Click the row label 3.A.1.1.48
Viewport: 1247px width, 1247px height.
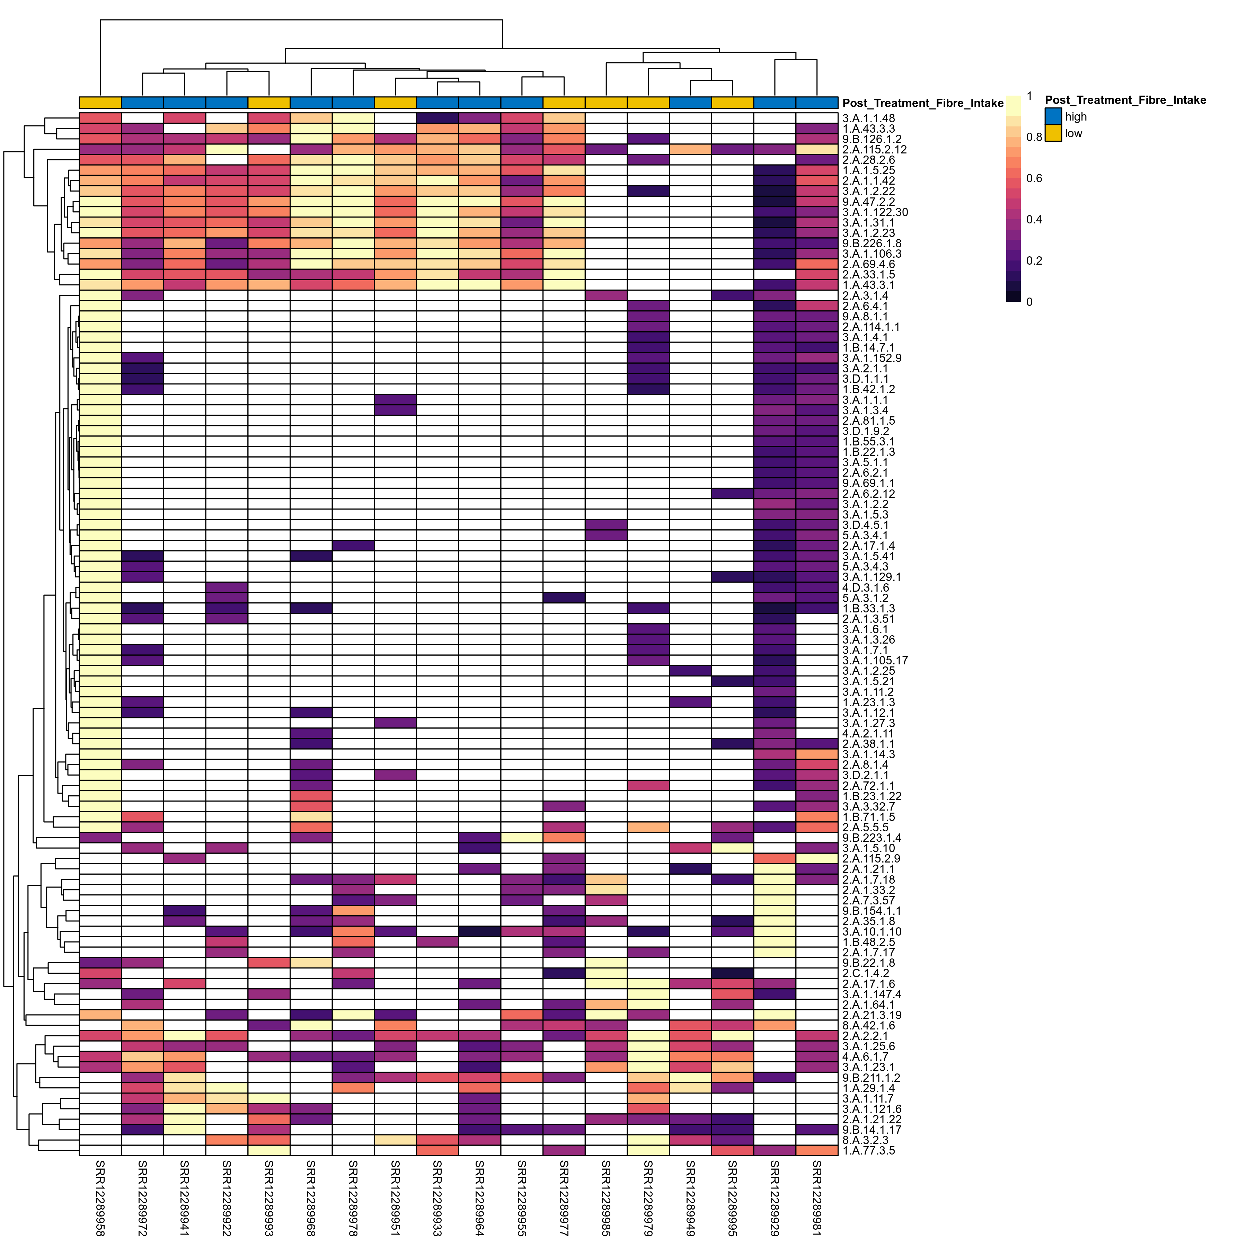point(868,119)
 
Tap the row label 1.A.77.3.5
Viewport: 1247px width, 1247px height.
point(868,1151)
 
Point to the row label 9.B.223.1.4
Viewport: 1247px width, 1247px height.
point(872,838)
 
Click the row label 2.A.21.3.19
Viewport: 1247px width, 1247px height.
point(872,1015)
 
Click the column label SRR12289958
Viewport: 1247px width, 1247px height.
point(100,1197)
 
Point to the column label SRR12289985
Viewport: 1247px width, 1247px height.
point(606,1197)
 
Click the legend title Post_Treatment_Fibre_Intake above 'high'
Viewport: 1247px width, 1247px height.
point(1125,100)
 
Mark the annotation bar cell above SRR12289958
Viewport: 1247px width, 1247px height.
point(100,103)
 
